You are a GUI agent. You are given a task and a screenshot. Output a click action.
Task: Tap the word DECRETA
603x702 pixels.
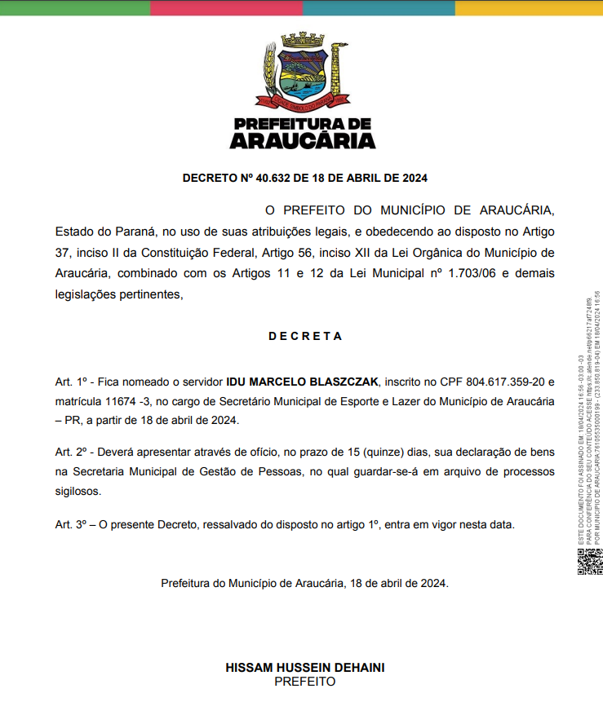(305, 336)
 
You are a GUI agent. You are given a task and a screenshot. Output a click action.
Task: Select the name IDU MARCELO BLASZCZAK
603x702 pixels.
(303, 382)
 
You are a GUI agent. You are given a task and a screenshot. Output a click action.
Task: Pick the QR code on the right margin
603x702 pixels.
(589, 562)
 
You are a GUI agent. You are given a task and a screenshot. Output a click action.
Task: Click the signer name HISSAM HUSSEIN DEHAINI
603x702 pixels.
(305, 668)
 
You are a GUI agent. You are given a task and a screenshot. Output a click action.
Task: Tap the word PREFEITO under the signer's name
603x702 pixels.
(305, 682)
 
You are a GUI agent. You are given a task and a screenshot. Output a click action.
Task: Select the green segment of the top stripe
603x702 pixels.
(75, 7)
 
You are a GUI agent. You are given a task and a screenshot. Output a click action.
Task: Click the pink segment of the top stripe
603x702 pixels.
(226, 7)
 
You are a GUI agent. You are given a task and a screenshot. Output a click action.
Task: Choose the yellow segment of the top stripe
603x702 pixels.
(528, 7)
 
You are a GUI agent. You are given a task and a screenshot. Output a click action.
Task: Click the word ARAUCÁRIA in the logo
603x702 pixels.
(303, 141)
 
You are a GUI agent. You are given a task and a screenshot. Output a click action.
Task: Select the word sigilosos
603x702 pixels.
(78, 492)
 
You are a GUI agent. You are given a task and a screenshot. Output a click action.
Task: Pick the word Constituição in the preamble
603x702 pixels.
(183, 253)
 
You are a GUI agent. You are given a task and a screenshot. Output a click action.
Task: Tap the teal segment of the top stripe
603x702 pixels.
(379, 7)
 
